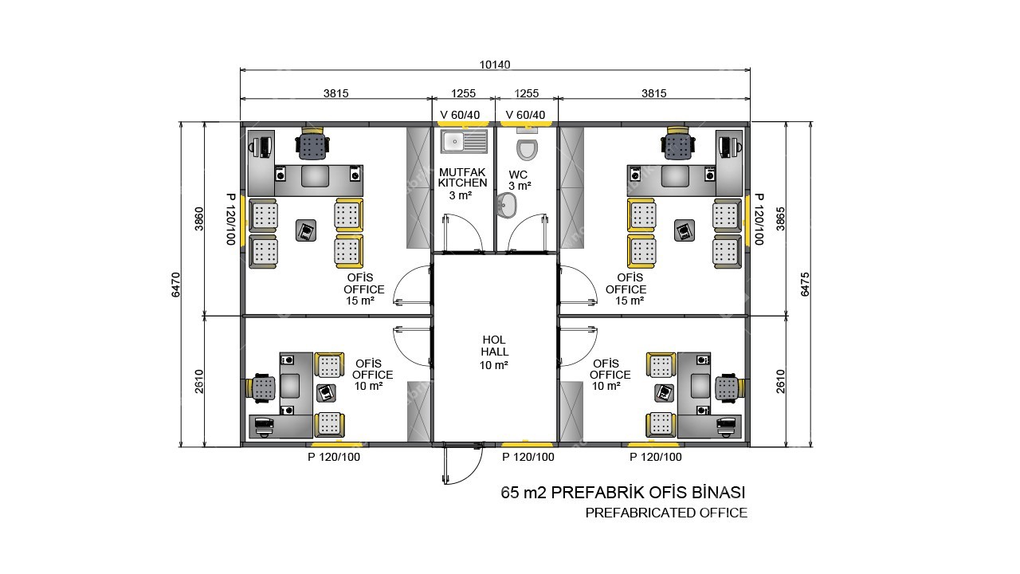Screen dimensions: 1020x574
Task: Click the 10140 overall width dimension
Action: point(495,65)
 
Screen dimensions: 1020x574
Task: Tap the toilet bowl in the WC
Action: point(527,148)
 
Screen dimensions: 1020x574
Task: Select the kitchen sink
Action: point(464,141)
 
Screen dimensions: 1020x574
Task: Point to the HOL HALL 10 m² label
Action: point(494,352)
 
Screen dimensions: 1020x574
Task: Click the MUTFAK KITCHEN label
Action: point(463,178)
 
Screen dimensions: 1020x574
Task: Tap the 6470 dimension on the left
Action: point(176,285)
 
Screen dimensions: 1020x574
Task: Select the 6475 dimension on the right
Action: point(805,285)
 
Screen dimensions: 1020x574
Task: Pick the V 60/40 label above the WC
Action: point(525,115)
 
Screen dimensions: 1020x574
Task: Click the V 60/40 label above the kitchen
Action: point(460,115)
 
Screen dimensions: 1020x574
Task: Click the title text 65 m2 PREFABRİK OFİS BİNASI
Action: point(623,493)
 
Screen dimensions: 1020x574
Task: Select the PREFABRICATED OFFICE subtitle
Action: point(666,513)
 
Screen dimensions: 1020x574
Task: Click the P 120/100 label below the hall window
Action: point(528,457)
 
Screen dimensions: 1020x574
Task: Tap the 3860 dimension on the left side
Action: point(199,218)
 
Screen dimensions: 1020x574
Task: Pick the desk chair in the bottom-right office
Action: point(729,387)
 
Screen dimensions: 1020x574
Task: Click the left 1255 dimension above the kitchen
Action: point(463,93)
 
